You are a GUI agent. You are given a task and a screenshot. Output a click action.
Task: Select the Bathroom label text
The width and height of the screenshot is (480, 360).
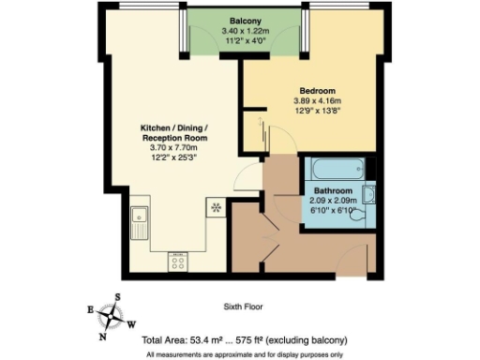(335, 189)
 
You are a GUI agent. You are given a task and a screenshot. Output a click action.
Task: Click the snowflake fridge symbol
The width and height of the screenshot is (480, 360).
(216, 206)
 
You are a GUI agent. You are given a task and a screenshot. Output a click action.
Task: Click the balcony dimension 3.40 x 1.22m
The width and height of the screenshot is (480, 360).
(244, 31)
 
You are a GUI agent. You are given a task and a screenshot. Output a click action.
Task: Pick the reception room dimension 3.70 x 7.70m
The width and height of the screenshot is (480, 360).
(170, 148)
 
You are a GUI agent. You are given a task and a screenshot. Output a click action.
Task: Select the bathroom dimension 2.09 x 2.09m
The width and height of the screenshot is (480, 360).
(335, 200)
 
